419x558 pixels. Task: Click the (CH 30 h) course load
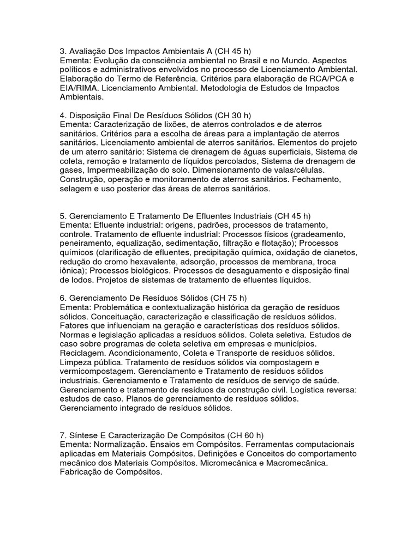pyautogui.click(x=233, y=115)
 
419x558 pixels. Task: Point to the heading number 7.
pyautogui.click(x=63, y=436)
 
